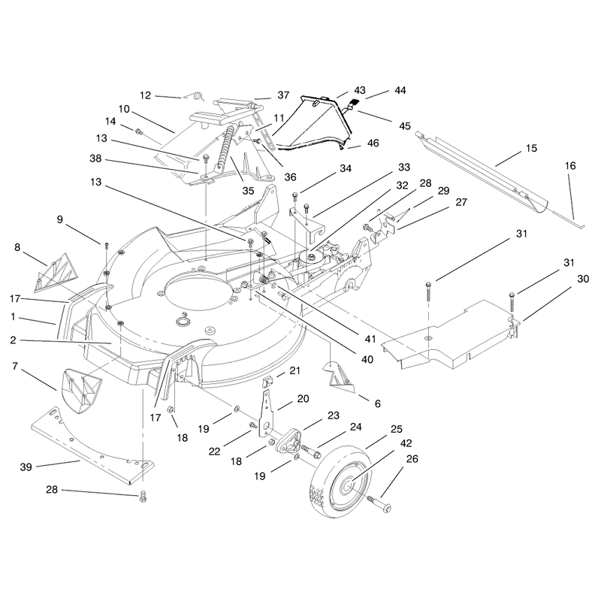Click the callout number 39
[26, 467]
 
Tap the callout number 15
[532, 148]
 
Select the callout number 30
[583, 279]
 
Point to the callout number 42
[406, 443]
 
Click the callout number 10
[124, 109]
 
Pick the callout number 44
[400, 90]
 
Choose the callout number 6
[378, 403]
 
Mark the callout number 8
[17, 248]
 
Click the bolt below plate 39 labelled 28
[143, 496]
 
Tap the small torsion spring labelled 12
[196, 96]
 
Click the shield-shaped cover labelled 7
[81, 390]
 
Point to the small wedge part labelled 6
[340, 378]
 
